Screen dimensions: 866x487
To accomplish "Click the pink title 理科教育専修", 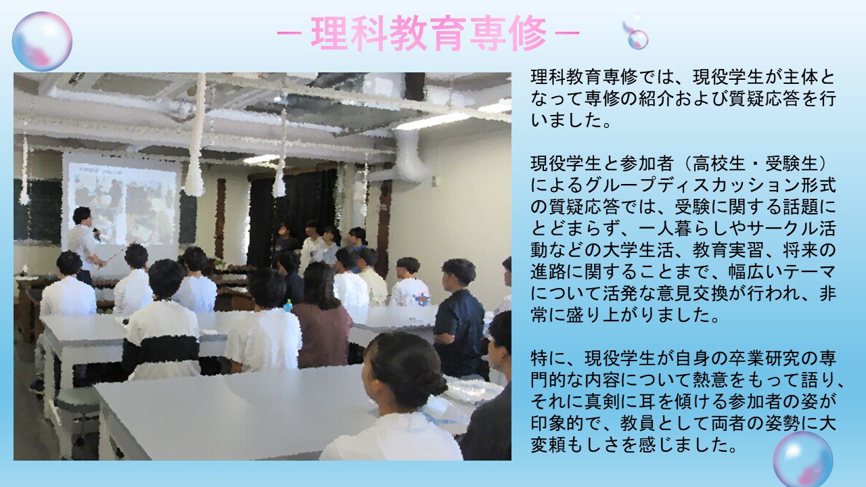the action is (x=429, y=33).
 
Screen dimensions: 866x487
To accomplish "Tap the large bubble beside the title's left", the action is (x=42, y=41).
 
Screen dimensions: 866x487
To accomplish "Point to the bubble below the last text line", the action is (x=803, y=459).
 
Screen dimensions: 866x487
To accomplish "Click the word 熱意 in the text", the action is (x=675, y=380).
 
